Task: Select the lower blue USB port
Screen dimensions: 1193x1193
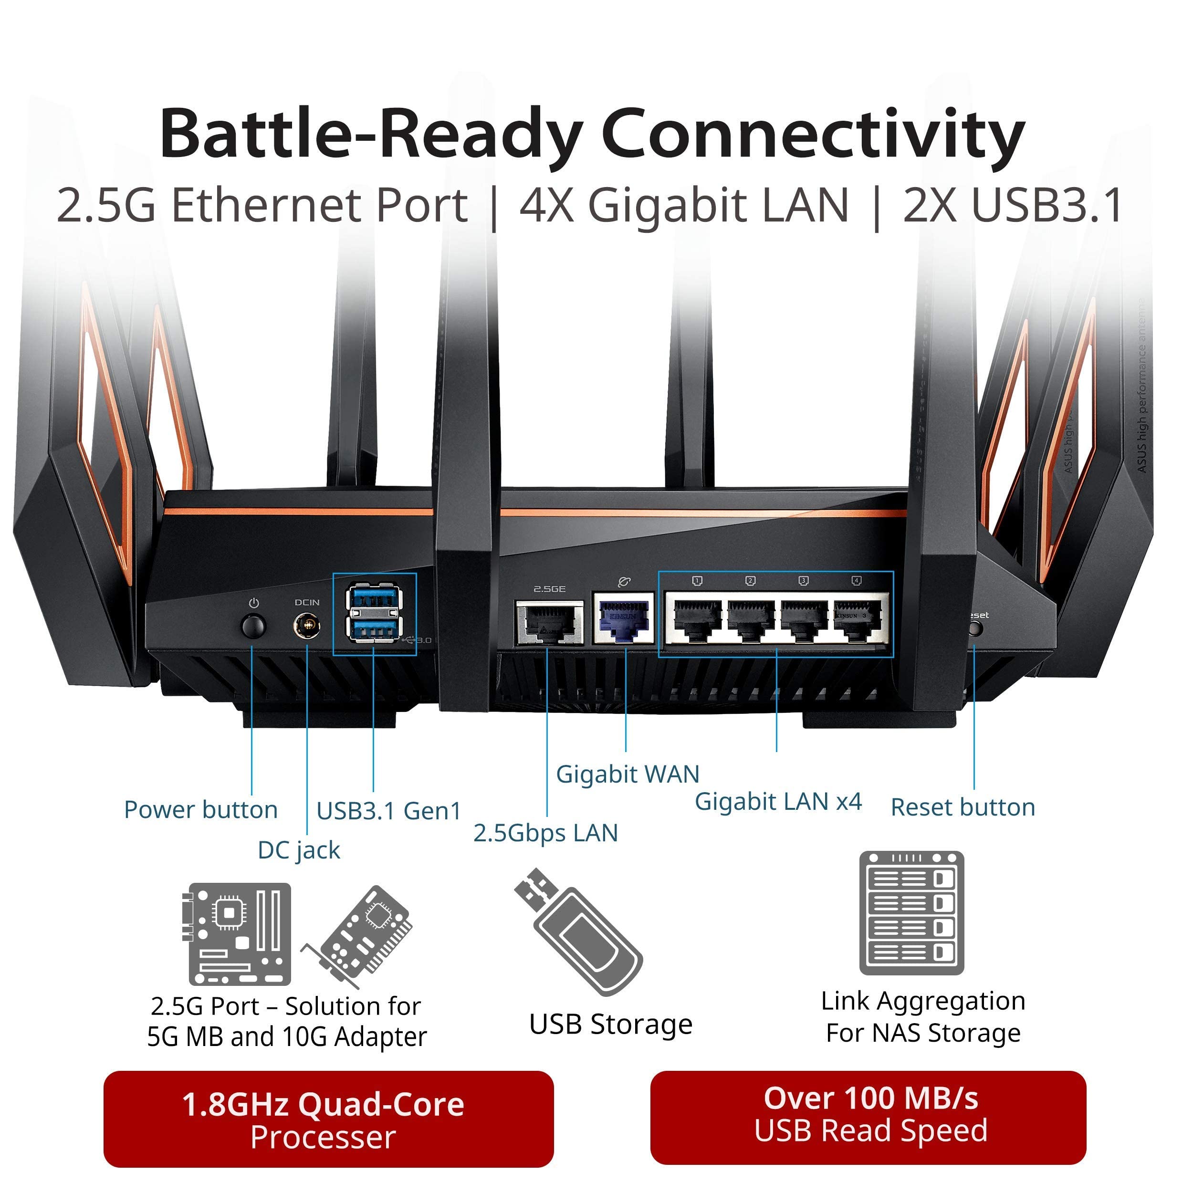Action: coord(374,630)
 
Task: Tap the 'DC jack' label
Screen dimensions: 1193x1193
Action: coord(299,850)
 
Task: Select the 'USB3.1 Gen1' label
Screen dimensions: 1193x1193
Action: coord(389,811)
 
